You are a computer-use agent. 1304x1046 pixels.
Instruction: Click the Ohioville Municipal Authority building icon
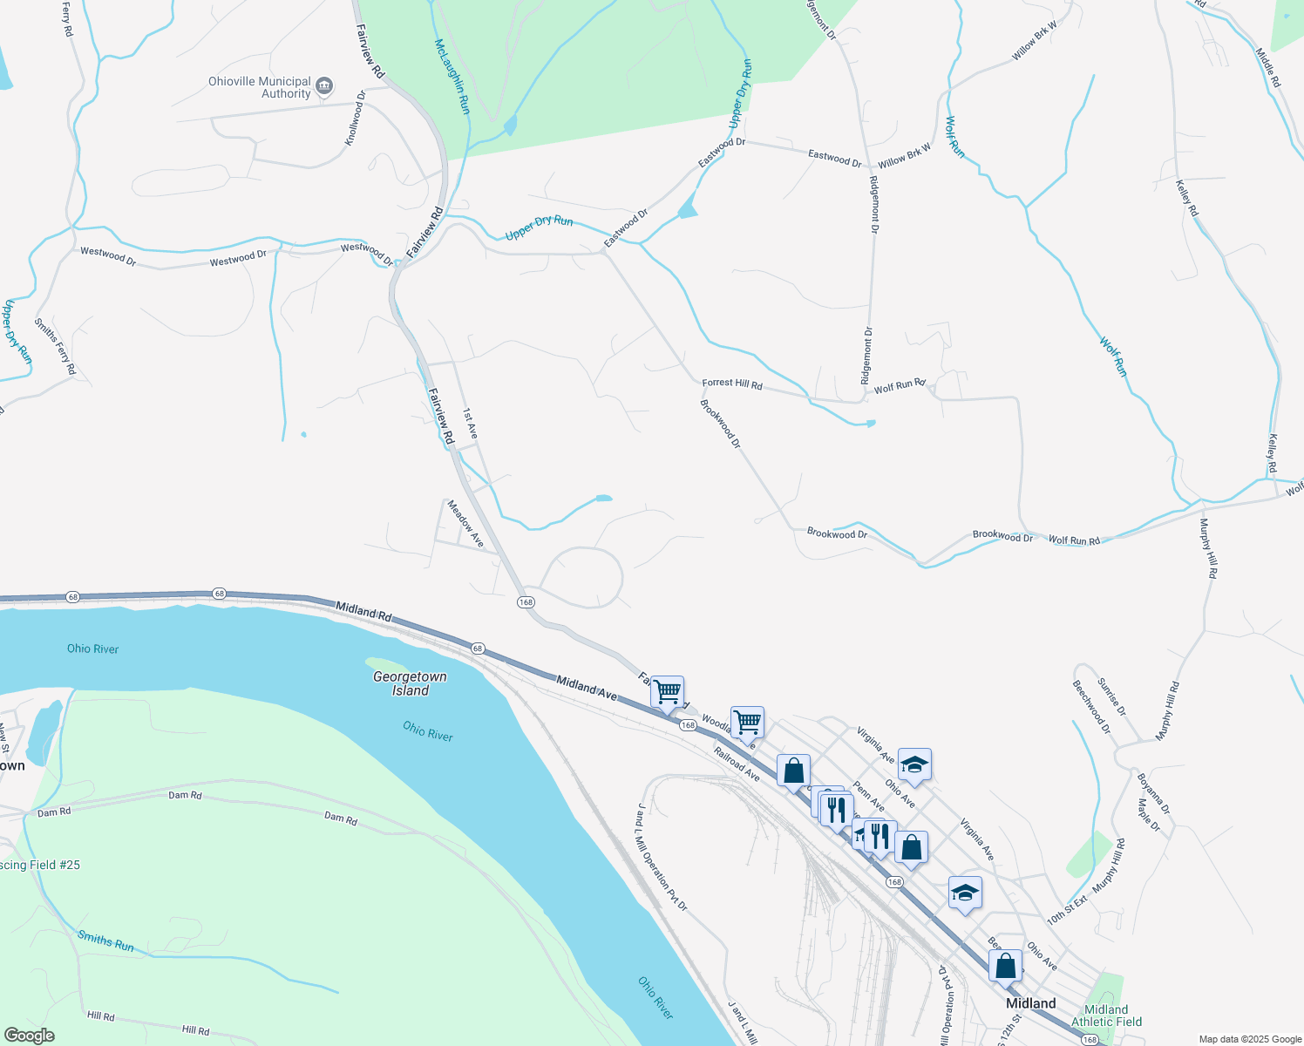[324, 85]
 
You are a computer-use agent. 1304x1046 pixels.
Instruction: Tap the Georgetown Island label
[410, 683]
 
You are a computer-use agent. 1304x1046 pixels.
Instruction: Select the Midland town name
[1030, 1003]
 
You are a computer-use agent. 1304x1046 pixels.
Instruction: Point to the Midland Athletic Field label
[1106, 1015]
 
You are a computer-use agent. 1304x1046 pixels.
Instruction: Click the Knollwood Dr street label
[356, 118]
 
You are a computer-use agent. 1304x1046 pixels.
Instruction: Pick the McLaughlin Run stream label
[452, 77]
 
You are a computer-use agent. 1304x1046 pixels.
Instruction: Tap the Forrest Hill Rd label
[732, 384]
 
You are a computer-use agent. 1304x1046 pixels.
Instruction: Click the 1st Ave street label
[470, 424]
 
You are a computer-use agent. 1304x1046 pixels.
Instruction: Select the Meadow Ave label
[465, 523]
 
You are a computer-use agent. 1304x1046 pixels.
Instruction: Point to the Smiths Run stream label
[105, 941]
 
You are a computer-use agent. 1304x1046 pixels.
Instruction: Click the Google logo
[29, 1036]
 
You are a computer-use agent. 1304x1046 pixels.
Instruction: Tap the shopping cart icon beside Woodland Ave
[747, 722]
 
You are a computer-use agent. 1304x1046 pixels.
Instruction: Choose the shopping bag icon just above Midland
[1005, 966]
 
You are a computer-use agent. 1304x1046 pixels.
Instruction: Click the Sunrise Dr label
[1111, 697]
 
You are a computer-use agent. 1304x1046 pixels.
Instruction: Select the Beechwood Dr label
[1091, 707]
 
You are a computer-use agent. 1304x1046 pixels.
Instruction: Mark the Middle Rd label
[1268, 67]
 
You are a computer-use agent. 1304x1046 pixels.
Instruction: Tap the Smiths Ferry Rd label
[56, 346]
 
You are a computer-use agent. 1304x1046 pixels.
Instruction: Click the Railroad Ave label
[737, 764]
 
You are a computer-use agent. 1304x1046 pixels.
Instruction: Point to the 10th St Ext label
[1067, 908]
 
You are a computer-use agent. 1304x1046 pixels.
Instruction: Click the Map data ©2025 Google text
[1249, 1039]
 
